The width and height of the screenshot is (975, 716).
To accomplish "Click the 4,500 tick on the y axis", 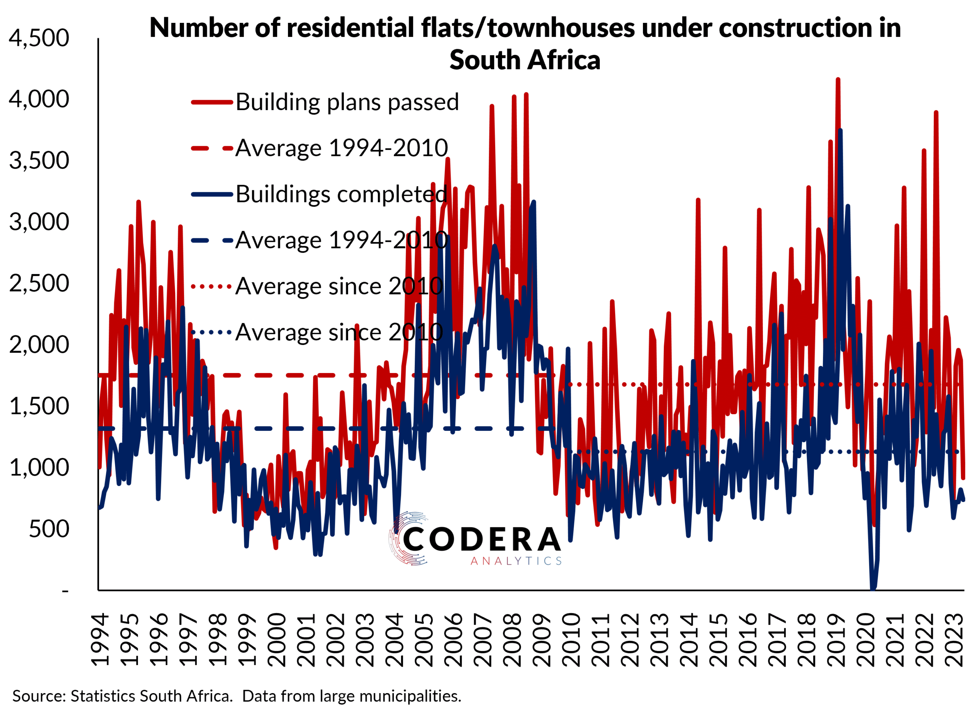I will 39,38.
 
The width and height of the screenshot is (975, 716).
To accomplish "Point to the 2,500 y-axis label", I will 39,284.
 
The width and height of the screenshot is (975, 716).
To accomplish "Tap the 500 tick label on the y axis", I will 49,529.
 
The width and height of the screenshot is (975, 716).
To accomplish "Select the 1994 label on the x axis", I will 101,640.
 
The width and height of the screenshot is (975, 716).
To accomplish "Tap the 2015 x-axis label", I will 718,640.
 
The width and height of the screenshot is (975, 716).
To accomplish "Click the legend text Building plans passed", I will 347,102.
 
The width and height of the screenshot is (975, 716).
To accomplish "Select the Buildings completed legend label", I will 341,194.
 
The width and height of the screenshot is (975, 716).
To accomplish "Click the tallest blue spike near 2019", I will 840,131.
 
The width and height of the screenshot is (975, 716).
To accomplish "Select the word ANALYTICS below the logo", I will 516,561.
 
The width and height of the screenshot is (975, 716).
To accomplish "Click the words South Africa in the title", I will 524,60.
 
